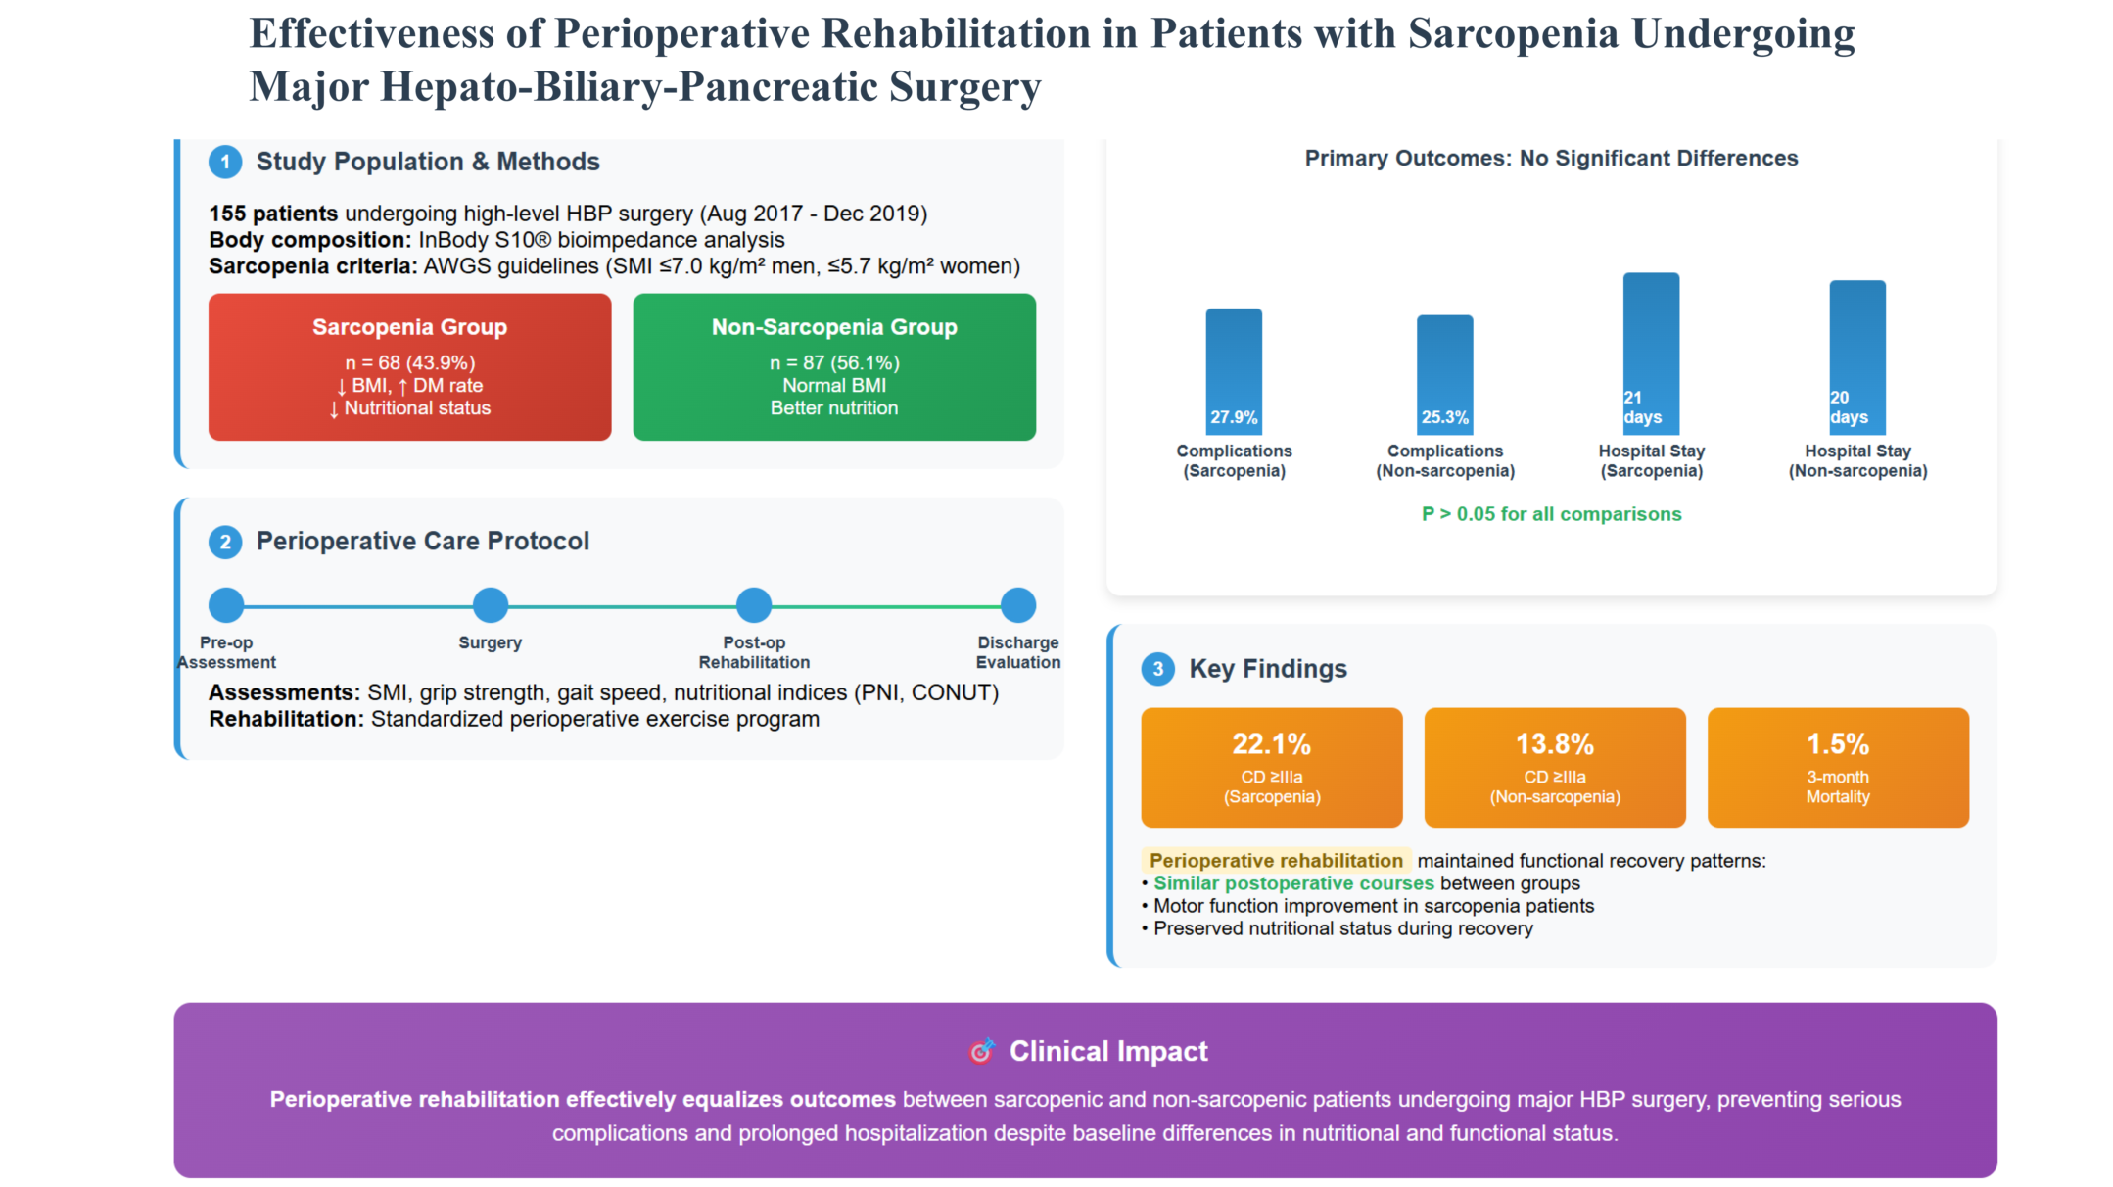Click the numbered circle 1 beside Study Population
click(225, 162)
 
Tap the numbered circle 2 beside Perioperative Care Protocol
click(225, 542)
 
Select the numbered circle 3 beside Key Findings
click(1158, 669)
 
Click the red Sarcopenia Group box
click(409, 367)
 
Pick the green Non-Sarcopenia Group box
click(834, 367)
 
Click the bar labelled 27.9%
click(1234, 371)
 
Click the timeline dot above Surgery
click(491, 605)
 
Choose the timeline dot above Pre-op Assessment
click(226, 605)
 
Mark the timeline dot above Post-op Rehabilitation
click(754, 605)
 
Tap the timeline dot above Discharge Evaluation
click(1018, 605)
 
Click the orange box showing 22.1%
click(1271, 768)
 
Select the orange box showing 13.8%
click(1555, 768)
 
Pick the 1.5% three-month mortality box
click(1838, 768)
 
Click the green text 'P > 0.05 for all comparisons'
click(1551, 514)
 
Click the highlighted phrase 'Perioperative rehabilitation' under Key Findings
click(1276, 861)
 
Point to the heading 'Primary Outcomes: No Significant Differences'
click(1551, 159)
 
